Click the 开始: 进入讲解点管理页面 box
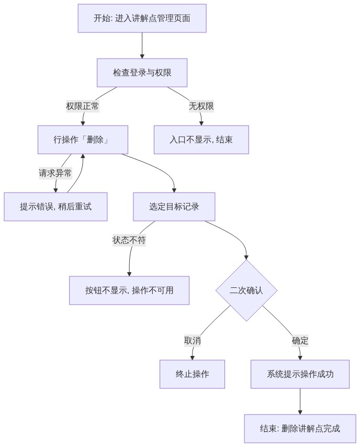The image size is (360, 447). [x=142, y=18]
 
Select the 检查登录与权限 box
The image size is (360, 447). [x=142, y=73]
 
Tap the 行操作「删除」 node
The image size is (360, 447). [x=83, y=140]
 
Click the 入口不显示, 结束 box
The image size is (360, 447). [x=201, y=140]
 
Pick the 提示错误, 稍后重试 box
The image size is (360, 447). [x=55, y=207]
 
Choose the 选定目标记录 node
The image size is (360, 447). [x=174, y=207]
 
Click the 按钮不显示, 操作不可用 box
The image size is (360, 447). [x=129, y=290]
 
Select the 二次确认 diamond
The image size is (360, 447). [x=246, y=290]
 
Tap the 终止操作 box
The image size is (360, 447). [x=192, y=374]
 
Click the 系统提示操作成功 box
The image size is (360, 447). [x=300, y=374]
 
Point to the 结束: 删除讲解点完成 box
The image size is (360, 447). [x=300, y=429]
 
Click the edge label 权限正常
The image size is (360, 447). [x=83, y=106]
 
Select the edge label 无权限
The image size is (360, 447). [x=201, y=106]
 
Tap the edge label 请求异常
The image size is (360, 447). [x=55, y=173]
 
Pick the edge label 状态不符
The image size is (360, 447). [x=129, y=240]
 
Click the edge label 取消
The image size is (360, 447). [x=193, y=341]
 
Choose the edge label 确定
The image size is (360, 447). [x=300, y=341]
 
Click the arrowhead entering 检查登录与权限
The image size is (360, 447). [x=142, y=57]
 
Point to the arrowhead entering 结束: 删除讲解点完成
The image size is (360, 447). [x=300, y=412]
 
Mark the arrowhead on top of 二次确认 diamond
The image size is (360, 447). [x=246, y=258]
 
